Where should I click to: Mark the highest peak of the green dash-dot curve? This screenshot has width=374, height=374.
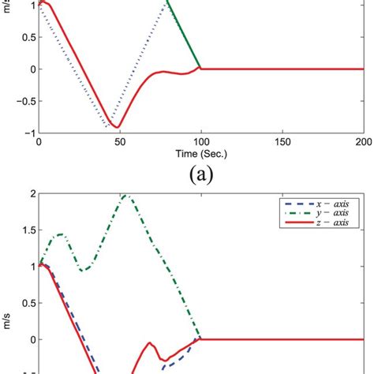[125, 195]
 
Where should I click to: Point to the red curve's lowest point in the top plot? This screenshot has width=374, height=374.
[117, 127]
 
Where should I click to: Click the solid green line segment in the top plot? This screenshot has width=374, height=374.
[184, 35]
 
